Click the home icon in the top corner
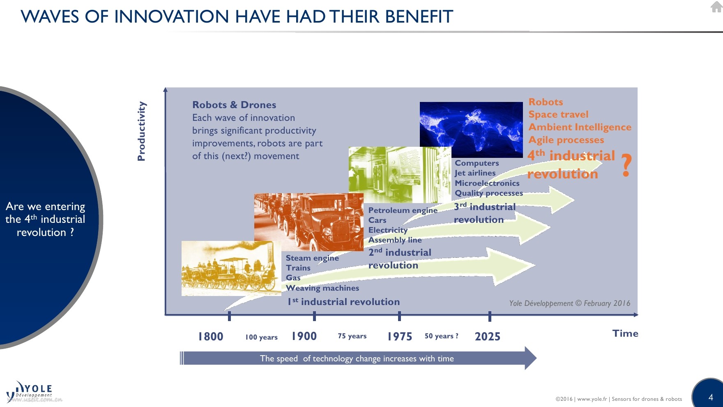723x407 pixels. tap(716, 6)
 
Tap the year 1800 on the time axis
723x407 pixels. tap(211, 336)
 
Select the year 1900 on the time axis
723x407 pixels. tap(304, 336)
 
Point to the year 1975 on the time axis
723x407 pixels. tap(400, 337)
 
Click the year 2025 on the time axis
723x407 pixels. tap(488, 337)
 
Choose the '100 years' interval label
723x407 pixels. tap(261, 337)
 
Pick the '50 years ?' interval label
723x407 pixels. tap(442, 336)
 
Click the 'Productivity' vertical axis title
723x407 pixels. tap(141, 131)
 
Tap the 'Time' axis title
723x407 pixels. tap(625, 333)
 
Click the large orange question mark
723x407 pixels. tap(626, 165)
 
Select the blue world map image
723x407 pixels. tap(471, 130)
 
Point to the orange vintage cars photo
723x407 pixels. tap(309, 222)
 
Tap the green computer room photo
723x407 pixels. tap(400, 175)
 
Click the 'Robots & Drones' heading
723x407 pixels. tap(234, 105)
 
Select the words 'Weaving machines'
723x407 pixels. tap(322, 288)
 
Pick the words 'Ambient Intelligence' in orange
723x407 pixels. tap(580, 127)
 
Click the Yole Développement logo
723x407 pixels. tap(30, 391)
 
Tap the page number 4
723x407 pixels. tap(711, 397)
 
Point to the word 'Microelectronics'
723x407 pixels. tap(487, 183)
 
